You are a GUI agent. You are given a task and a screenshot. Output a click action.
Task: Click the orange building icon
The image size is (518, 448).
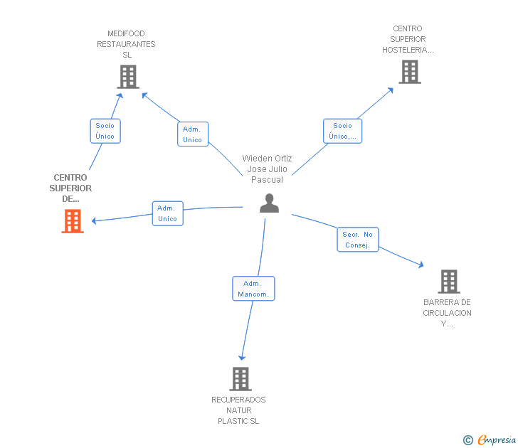[73, 221]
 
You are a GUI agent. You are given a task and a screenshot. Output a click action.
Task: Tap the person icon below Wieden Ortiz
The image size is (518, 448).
[269, 203]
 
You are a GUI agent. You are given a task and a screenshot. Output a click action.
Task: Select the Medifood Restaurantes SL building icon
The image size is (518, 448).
[128, 77]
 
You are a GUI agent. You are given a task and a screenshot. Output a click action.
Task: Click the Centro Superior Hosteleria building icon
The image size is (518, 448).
[410, 72]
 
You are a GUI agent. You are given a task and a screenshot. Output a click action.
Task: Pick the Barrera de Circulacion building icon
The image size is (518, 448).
[449, 282]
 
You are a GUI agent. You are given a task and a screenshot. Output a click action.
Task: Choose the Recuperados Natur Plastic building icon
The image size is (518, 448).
[240, 379]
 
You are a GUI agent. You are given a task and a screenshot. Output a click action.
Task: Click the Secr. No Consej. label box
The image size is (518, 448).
[358, 240]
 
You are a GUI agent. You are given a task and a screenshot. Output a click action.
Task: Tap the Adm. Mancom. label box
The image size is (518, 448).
[253, 289]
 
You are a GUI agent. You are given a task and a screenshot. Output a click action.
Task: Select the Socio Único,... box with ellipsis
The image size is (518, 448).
[342, 131]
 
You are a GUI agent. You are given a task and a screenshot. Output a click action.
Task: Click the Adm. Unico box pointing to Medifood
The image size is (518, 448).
[193, 134]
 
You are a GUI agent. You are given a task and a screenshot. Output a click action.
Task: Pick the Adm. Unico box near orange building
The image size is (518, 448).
[167, 213]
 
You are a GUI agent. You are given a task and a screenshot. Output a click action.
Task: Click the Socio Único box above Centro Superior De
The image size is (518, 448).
[105, 131]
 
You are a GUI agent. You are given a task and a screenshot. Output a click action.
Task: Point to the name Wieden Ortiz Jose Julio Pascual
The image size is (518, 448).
[268, 169]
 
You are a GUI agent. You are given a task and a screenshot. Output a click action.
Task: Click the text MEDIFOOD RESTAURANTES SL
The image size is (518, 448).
[126, 44]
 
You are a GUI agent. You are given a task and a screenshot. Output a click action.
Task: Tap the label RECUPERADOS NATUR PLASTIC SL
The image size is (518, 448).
[238, 410]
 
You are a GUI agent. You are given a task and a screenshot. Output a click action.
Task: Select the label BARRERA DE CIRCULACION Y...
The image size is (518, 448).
[448, 313]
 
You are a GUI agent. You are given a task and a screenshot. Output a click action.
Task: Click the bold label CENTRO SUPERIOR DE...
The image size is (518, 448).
[70, 188]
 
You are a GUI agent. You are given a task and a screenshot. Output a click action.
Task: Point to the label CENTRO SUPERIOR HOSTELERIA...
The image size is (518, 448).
[408, 39]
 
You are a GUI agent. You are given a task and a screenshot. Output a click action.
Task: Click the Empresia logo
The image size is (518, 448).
[490, 440]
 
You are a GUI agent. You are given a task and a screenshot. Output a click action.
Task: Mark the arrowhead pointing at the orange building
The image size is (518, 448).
[94, 221]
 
